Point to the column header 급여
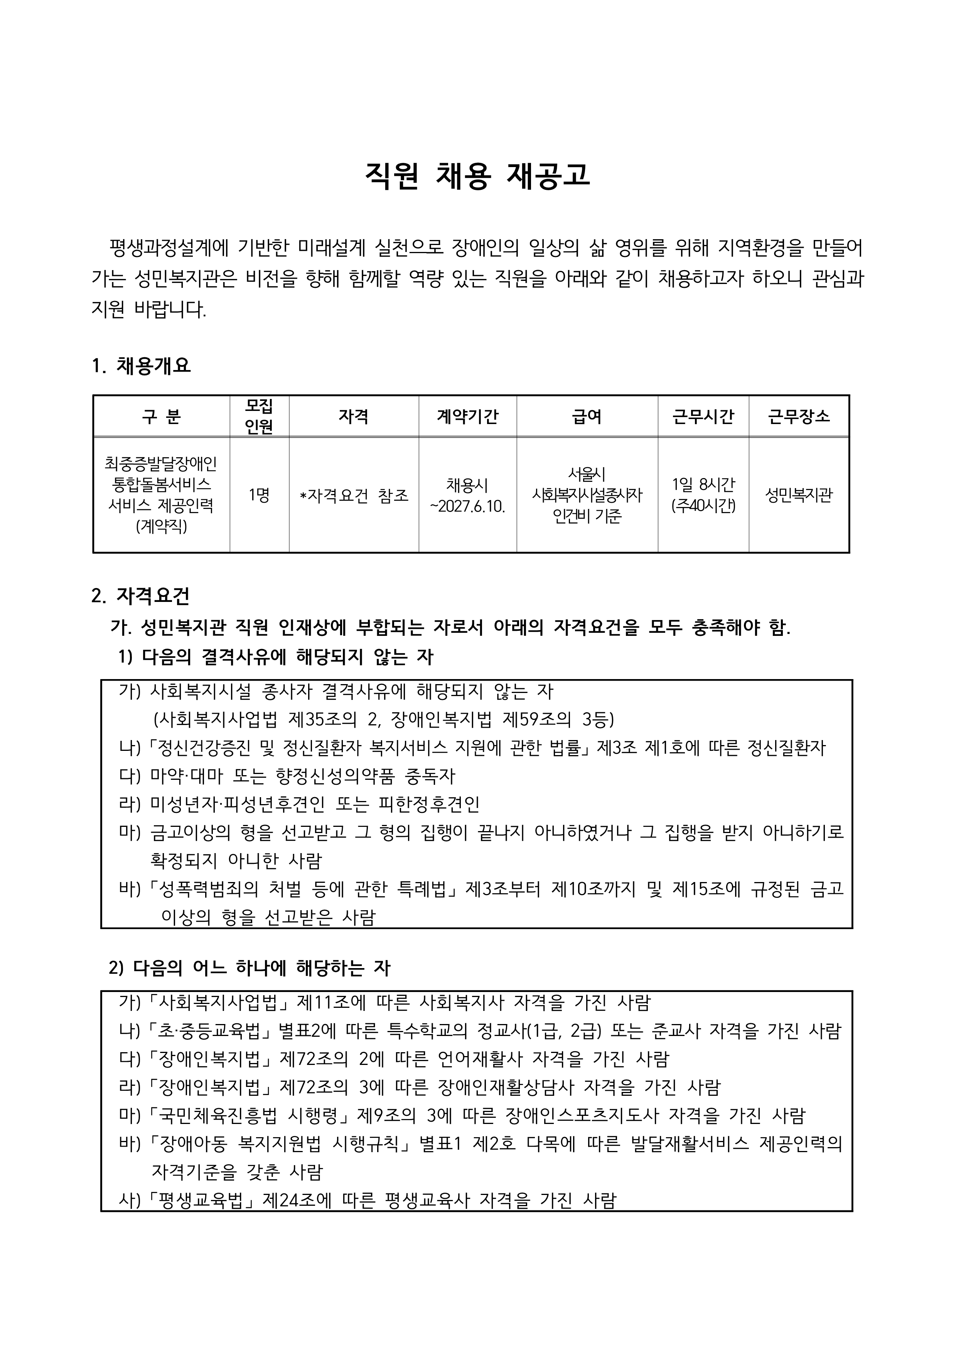[587, 416]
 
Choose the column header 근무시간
[703, 416]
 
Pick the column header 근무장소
[799, 416]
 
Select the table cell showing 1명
[259, 495]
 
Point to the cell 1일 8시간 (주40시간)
[703, 495]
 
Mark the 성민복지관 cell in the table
[799, 495]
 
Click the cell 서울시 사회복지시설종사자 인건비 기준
[587, 495]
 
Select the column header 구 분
[161, 416]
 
